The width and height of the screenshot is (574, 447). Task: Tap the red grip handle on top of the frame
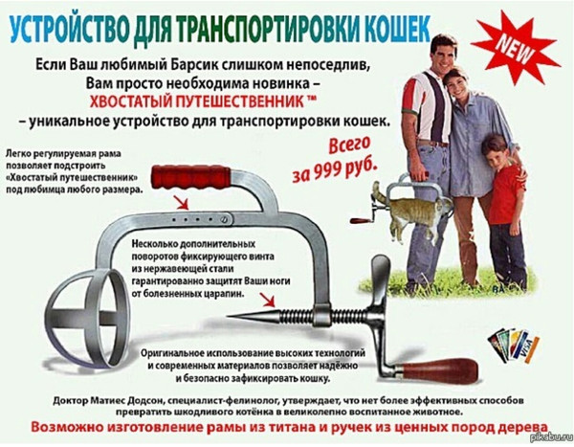coord(190,177)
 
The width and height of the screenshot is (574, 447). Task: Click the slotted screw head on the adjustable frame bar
coord(224,220)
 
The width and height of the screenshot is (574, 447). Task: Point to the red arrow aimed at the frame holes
coord(181,202)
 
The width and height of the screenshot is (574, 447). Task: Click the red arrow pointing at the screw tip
coord(267,300)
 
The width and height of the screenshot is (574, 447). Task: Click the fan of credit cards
coord(514,345)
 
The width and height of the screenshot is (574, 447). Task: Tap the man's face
coord(443,54)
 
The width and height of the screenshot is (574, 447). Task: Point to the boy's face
coord(495,155)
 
